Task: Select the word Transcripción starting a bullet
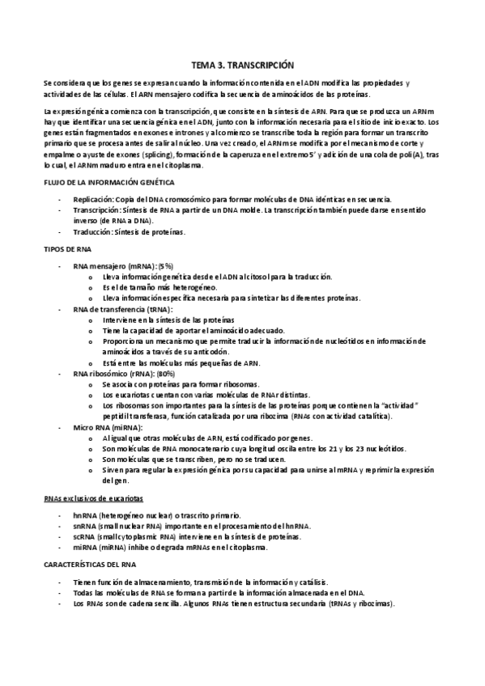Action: click(96, 210)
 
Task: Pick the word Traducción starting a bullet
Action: click(91, 232)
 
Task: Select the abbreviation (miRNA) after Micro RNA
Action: click(129, 427)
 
